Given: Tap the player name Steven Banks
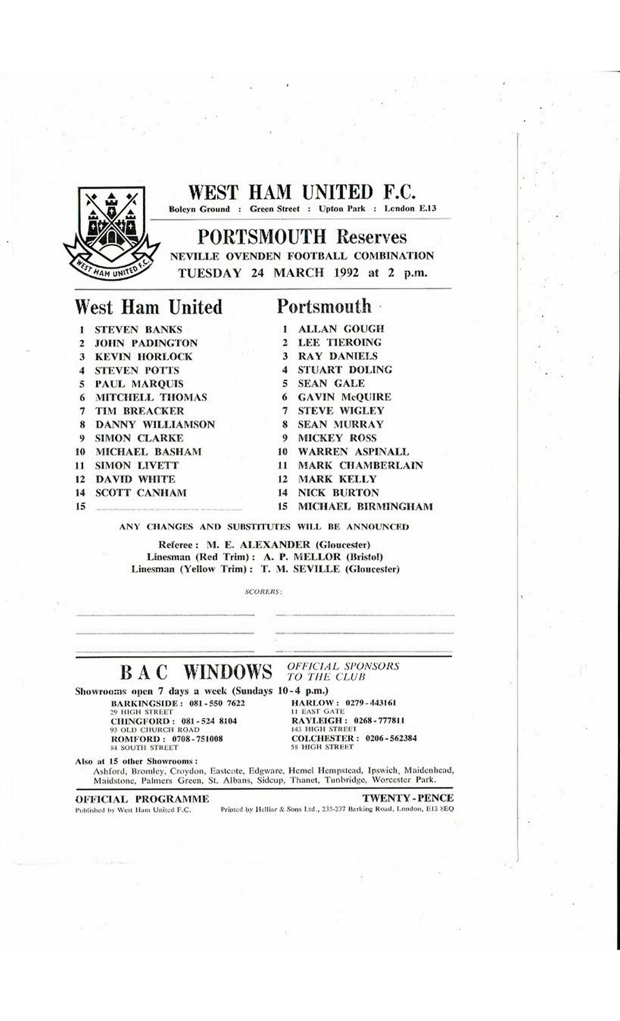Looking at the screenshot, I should pyautogui.click(x=138, y=329).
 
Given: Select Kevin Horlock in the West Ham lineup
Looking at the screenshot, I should pyautogui.click(x=144, y=357).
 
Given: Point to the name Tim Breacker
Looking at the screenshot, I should pyautogui.click(x=140, y=411).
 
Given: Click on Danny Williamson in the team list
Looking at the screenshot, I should pyautogui.click(x=154, y=425).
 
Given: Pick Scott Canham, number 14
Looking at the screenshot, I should pyautogui.click(x=140, y=493).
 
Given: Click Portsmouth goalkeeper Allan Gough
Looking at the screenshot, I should pyautogui.click(x=341, y=329).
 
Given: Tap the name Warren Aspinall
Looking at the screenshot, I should pyautogui.click(x=353, y=451).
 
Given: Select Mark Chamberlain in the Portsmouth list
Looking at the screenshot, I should pyautogui.click(x=360, y=466).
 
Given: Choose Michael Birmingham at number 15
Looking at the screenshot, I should pyautogui.click(x=365, y=506).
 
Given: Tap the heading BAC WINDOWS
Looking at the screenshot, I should pyautogui.click(x=196, y=672).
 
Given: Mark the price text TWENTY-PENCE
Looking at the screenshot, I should pyautogui.click(x=408, y=798).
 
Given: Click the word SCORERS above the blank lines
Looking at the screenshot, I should pyautogui.click(x=263, y=592).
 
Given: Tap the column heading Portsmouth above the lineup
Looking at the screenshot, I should pyautogui.click(x=324, y=307).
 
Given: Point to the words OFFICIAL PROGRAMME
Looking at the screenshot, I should pyautogui.click(x=142, y=799).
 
